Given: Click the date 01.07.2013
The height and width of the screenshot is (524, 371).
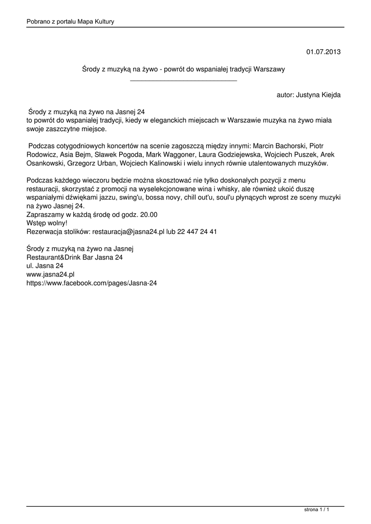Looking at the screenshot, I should tap(323, 52).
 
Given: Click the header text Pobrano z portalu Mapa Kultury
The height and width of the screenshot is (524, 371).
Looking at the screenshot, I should tap(70, 21).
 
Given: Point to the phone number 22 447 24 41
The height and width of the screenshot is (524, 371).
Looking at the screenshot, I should tap(197, 231).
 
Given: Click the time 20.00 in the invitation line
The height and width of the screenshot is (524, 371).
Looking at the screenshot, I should tap(147, 215).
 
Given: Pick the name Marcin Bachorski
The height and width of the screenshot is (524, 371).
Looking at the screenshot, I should tap(280, 146).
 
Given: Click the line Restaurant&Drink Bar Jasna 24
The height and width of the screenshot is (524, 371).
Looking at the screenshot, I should tap(75, 257).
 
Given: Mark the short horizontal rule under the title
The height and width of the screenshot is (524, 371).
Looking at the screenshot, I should tap(184, 81).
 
